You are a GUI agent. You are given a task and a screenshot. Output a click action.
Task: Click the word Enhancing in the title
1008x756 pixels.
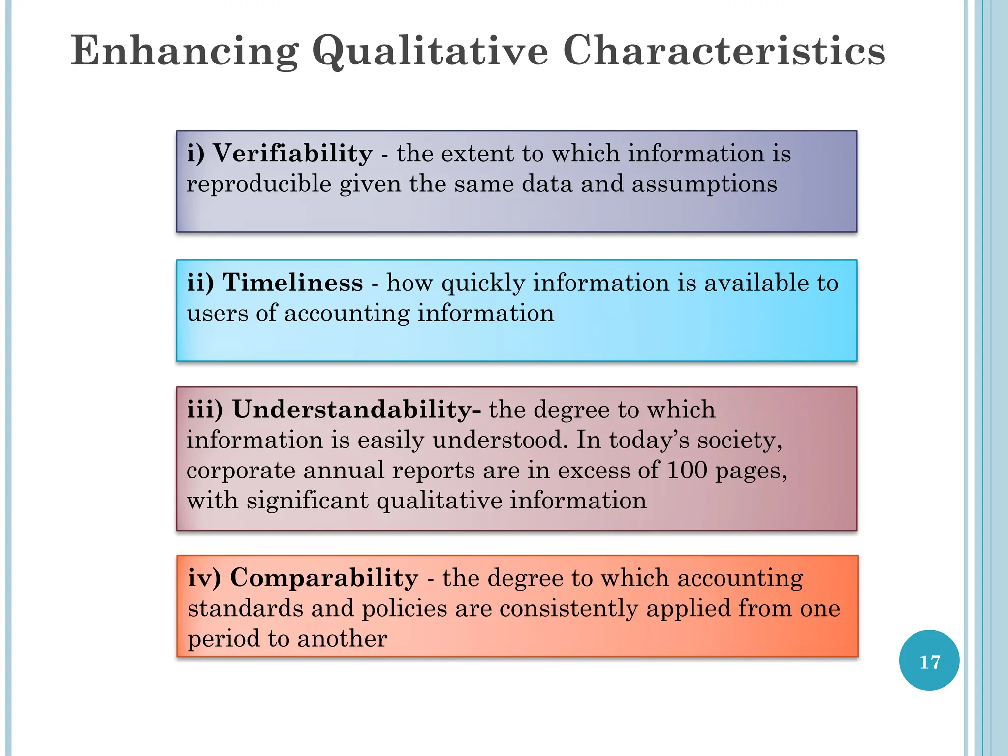[185, 51]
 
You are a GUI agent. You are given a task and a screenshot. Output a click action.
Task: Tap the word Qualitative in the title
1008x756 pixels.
[430, 51]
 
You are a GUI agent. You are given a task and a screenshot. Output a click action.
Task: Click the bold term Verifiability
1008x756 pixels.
[293, 153]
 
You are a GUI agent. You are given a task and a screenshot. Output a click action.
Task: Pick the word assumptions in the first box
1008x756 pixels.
[704, 184]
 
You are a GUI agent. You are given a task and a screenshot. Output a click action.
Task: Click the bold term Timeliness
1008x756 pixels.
[292, 283]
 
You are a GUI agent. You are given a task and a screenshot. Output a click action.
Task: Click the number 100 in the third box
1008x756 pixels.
[687, 470]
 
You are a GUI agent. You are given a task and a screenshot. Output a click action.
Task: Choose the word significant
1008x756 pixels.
[307, 501]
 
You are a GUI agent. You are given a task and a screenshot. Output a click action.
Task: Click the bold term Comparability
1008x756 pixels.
[324, 578]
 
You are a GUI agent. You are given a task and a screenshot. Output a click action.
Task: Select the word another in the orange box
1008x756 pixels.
[342, 639]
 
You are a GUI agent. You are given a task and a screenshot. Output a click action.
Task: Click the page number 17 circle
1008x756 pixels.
[929, 661]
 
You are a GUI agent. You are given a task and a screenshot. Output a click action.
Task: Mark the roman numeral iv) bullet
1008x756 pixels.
[204, 578]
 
